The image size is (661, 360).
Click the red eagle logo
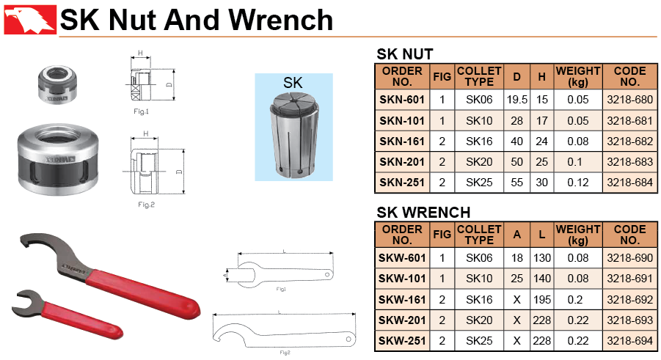point(30,19)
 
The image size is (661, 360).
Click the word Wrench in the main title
point(281,20)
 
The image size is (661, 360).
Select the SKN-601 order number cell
point(402,100)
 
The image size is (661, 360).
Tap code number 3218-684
point(629,183)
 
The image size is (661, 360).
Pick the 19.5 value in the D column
point(516,100)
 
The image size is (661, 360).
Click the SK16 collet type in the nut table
point(479,142)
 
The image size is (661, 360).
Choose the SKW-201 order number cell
point(402,320)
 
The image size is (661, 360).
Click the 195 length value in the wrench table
point(541,300)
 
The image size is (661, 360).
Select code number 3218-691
point(629,279)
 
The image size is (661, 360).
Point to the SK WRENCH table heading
point(423,213)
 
